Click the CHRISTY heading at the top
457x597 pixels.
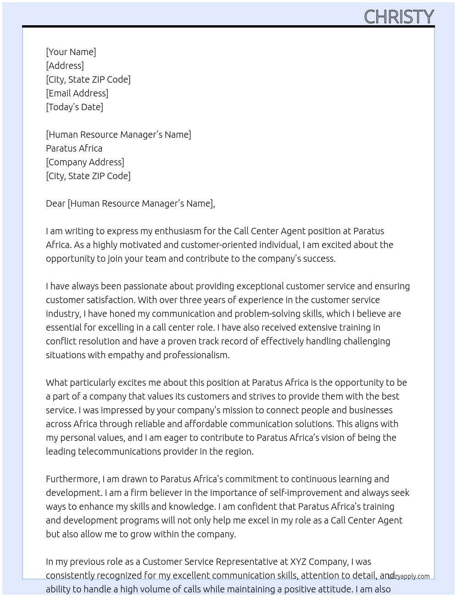coord(398,17)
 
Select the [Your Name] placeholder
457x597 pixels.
coord(71,52)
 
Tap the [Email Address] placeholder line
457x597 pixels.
coord(77,93)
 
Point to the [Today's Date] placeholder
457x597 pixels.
coord(74,107)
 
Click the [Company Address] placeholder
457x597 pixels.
coord(85,162)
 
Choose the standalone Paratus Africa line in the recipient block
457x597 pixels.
coord(74,148)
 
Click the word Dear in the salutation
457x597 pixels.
coord(56,203)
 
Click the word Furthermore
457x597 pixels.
coord(72,479)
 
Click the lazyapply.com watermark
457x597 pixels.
coord(409,576)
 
